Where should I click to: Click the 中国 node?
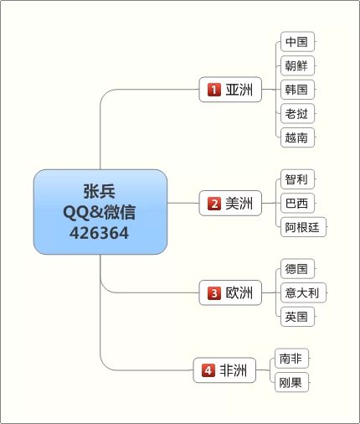297,42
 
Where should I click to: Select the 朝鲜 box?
297,65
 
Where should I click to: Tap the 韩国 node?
297,90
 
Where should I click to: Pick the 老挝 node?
297,113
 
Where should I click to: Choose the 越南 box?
297,137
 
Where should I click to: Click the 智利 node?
297,179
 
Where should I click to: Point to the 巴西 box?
297,203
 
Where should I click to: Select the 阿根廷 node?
303,227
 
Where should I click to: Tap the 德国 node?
297,269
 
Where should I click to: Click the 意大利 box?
303,292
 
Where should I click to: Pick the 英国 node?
297,317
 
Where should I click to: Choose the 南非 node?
291,359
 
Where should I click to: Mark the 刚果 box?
291,382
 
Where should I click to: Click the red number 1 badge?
214,90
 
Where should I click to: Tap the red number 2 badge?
214,204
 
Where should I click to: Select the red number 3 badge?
214,293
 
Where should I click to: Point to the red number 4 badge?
208,370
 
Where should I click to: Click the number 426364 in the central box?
100,233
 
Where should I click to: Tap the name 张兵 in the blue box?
100,191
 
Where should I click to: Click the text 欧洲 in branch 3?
239,293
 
